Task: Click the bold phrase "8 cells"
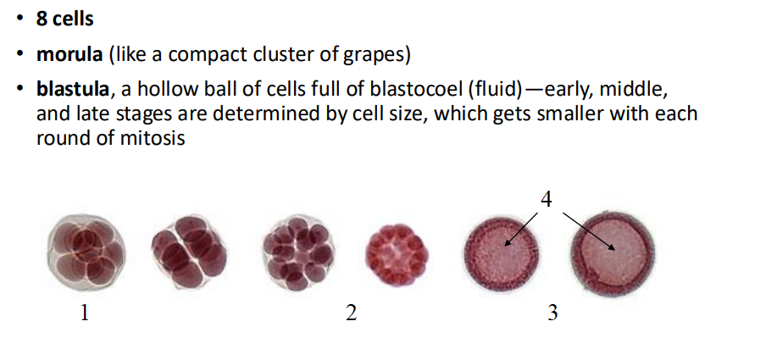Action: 64,18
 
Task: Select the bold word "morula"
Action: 69,55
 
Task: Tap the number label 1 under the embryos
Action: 84,313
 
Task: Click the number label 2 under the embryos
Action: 351,313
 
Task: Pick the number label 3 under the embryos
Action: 552,313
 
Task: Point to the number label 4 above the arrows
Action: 547,199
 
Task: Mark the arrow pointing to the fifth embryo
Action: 522,229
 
